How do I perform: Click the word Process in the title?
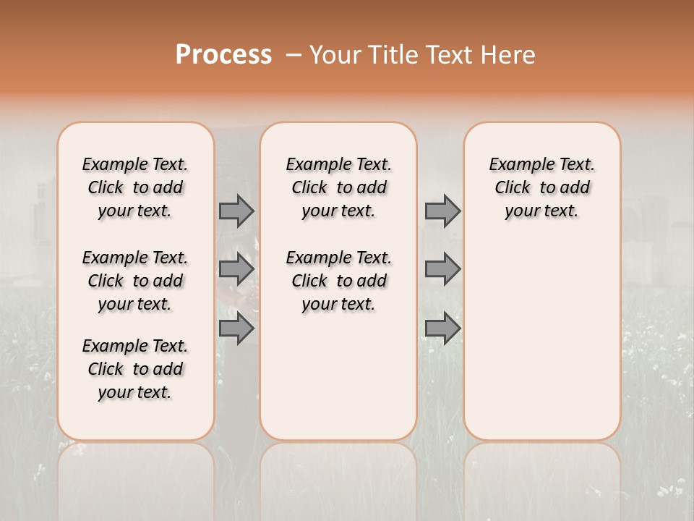pos(223,54)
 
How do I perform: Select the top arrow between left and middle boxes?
pos(236,211)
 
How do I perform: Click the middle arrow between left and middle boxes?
pos(236,269)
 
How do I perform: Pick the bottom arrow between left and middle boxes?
pos(236,329)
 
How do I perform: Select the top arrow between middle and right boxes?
pos(442,211)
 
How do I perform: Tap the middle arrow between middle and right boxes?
pos(442,269)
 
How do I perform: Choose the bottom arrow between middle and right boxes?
pos(442,329)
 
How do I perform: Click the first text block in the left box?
pos(135,187)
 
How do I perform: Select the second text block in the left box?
pos(135,281)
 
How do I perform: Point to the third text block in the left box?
pos(135,369)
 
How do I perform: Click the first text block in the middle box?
pos(338,187)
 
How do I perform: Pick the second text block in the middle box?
pos(338,281)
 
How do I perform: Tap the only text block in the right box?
pos(542,187)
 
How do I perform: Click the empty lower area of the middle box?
pos(338,376)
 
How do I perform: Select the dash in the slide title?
pos(293,55)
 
